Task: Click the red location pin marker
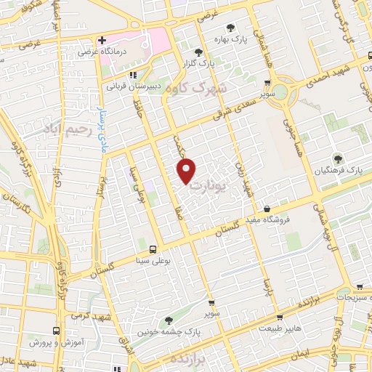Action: click(x=187, y=171)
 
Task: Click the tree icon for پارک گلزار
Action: click(x=199, y=52)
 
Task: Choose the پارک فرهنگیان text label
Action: click(x=339, y=169)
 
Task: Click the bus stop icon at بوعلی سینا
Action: click(x=151, y=249)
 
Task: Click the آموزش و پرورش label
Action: click(x=57, y=341)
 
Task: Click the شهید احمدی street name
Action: click(x=347, y=72)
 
